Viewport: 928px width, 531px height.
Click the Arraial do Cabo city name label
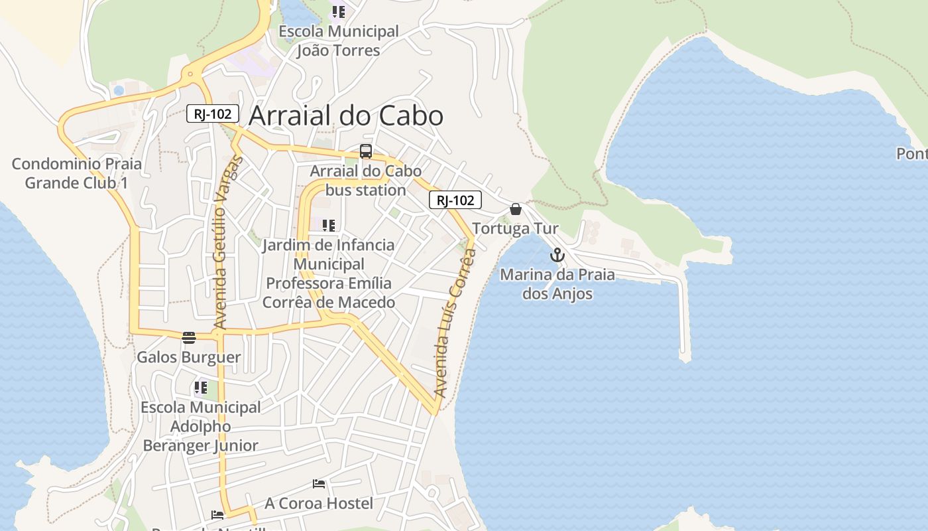pos(345,115)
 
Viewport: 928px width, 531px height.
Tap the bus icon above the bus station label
pos(366,151)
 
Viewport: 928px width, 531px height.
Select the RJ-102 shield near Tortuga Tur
pos(455,200)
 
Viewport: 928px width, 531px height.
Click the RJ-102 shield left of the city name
pos(212,114)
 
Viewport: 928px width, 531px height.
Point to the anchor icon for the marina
pos(557,255)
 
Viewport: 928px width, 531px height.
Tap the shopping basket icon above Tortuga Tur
pos(516,209)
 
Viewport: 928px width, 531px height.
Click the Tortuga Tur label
pos(515,228)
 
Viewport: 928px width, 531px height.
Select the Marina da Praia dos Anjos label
pos(557,284)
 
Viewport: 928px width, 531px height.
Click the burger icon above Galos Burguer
pos(189,338)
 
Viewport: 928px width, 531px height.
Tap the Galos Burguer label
pos(189,357)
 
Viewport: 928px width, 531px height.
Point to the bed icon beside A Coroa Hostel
pos(319,484)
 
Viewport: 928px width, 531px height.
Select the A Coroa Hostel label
pos(319,503)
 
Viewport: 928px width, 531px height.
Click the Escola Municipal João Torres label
pos(338,40)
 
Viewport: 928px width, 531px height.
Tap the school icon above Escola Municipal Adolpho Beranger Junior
pos(201,387)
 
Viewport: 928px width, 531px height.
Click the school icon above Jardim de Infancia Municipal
pos(329,226)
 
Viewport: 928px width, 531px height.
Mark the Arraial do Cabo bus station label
pos(365,181)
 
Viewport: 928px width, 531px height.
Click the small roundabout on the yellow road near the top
pos(191,74)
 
